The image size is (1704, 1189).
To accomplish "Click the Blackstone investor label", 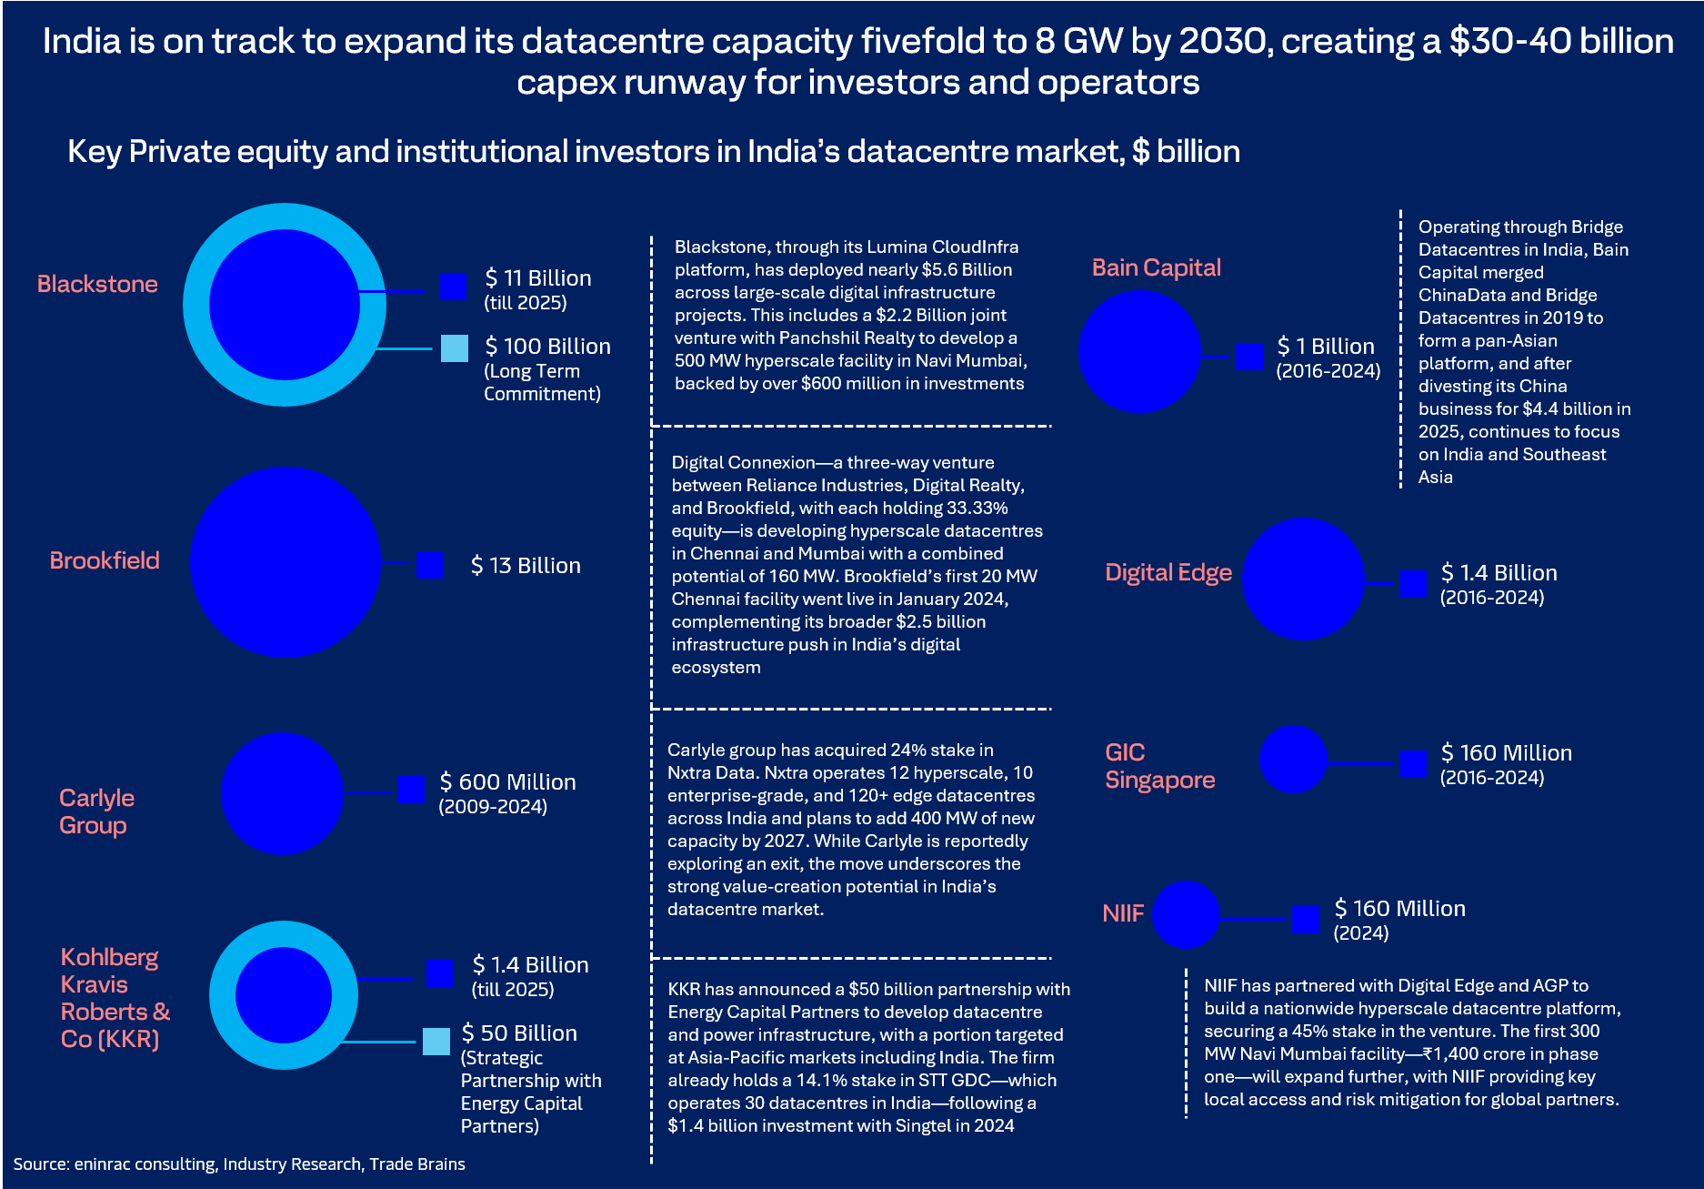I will pyautogui.click(x=97, y=284).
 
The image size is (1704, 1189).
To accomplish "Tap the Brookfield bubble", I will pyautogui.click(x=285, y=562).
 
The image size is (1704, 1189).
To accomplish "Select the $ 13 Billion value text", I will pyautogui.click(x=526, y=566).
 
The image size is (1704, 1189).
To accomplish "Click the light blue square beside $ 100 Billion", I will pyautogui.click(x=455, y=348).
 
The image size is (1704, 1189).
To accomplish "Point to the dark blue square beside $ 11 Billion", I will pyautogui.click(x=453, y=286).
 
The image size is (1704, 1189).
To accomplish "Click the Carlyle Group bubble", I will pyautogui.click(x=283, y=794).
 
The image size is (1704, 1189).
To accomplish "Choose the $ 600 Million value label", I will pyautogui.click(x=507, y=782).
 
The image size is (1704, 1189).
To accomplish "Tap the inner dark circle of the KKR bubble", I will pyautogui.click(x=284, y=995).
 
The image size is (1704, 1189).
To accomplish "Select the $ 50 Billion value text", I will pyautogui.click(x=519, y=1033).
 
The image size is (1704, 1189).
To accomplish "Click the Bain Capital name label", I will pyautogui.click(x=1156, y=267).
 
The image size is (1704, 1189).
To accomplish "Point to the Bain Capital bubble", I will pyautogui.click(x=1139, y=352).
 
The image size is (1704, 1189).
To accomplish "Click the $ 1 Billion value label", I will pyautogui.click(x=1326, y=347).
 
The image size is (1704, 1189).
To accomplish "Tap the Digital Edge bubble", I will pyautogui.click(x=1303, y=579).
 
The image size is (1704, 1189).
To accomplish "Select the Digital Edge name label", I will pyautogui.click(x=1168, y=572).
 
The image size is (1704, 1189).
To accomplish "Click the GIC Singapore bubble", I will pyautogui.click(x=1293, y=759).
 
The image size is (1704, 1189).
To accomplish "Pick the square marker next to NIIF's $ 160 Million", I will pyautogui.click(x=1306, y=919).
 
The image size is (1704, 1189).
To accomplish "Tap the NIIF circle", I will pyautogui.click(x=1186, y=914).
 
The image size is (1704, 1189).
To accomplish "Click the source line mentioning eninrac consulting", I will pyautogui.click(x=239, y=1164).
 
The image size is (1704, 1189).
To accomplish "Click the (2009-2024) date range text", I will pyautogui.click(x=493, y=807).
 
